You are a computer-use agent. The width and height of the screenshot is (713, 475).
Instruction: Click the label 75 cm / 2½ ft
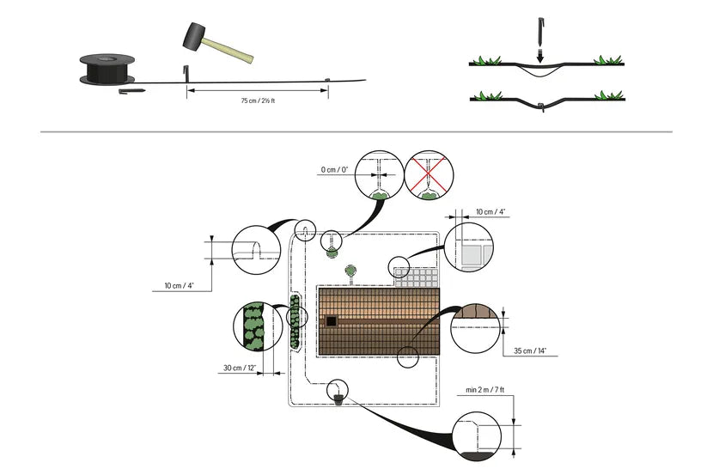259,101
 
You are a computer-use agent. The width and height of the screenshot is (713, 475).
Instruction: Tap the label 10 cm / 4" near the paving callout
491,210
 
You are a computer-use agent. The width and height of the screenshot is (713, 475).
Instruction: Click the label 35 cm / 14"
530,351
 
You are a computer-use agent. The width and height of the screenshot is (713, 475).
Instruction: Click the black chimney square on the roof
331,321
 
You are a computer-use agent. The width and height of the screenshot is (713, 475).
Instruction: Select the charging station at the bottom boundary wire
340,398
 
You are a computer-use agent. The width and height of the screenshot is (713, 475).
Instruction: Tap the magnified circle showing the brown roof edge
474,327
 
